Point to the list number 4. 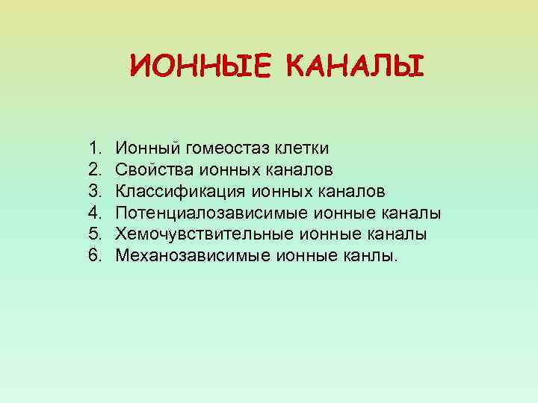(93, 213)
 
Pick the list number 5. (93, 234)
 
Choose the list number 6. (93, 256)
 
